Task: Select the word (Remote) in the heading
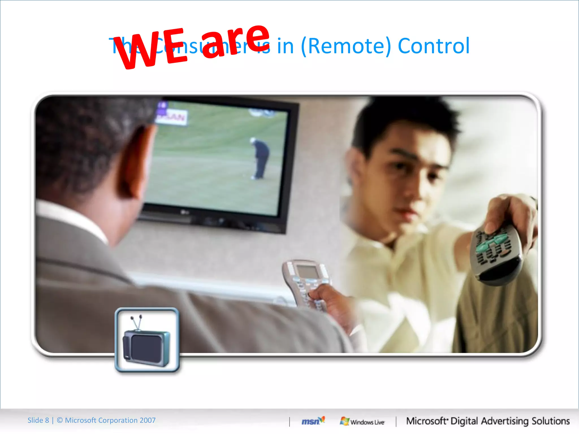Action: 346,46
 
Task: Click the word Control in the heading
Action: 434,46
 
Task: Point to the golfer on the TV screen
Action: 260,158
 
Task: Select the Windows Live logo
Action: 362,422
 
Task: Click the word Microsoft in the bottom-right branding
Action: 426,421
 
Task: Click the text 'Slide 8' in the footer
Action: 38,420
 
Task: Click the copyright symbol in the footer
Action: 60,420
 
